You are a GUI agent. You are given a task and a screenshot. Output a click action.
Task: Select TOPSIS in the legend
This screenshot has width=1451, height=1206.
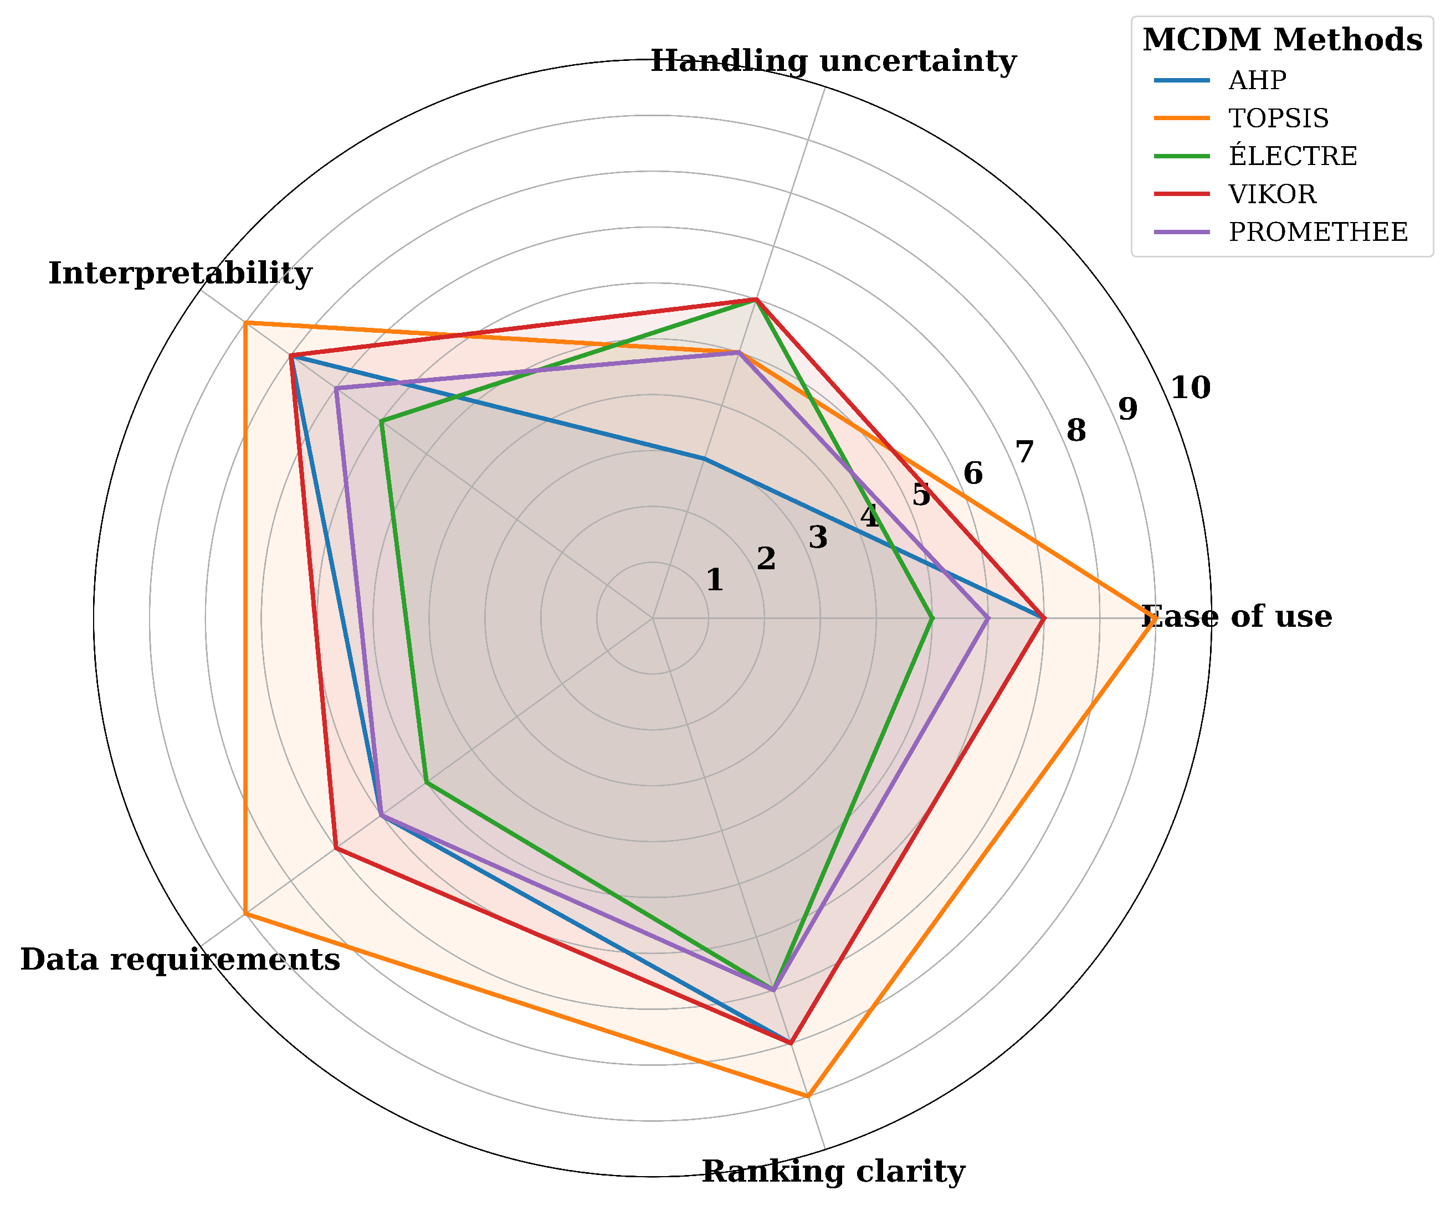[x=1278, y=119]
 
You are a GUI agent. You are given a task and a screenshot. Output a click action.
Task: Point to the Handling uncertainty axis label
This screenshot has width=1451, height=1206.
[x=833, y=61]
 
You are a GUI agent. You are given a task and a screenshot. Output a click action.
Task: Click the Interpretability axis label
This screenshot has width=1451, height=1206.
[x=180, y=274]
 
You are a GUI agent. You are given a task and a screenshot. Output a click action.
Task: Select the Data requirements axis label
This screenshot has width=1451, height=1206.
[x=180, y=960]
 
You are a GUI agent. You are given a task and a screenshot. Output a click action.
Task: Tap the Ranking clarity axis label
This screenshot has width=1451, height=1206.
[x=833, y=1172]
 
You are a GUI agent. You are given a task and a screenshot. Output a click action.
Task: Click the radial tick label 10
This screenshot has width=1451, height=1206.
[x=1191, y=389]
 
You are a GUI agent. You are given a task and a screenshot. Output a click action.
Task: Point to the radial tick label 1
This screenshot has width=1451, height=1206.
[x=715, y=580]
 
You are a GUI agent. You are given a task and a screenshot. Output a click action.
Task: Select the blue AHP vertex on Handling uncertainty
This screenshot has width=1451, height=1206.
[x=704, y=458]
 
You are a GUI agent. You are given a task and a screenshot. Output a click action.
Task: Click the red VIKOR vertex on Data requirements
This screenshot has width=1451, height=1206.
[x=335, y=848]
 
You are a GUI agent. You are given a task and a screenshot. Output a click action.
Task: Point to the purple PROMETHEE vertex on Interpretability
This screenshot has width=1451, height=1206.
[x=336, y=388]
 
